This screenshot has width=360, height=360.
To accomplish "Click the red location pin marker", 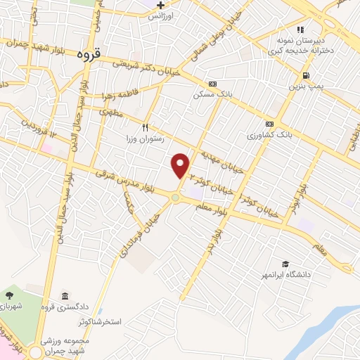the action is [181, 165].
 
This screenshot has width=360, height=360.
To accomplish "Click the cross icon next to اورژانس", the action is [161, 5].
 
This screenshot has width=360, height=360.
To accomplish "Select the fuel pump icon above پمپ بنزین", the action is [305, 75].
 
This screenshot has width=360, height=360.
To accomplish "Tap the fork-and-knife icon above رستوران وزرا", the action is [146, 127].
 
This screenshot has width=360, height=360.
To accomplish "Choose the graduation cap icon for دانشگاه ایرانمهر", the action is [285, 263].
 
